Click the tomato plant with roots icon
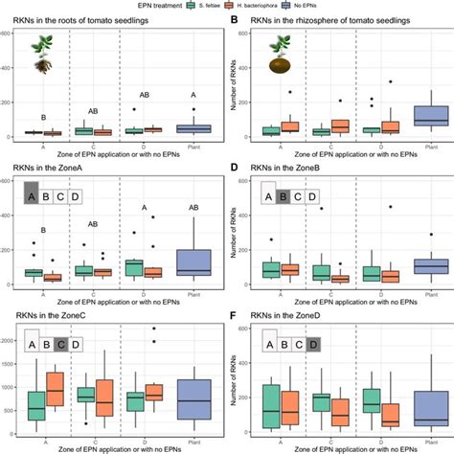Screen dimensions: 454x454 [41, 53]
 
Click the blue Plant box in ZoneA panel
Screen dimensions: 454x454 [194, 261]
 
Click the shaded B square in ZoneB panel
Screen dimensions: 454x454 [284, 195]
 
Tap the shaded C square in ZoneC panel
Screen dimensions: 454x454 [59, 343]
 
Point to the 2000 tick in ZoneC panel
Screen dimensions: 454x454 [9, 340]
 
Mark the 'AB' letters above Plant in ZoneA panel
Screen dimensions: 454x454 [194, 208]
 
